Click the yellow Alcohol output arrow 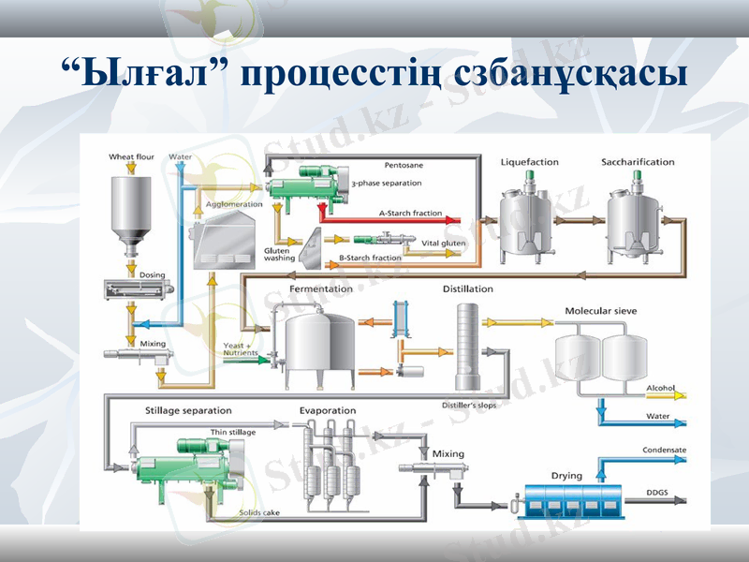tap(679, 395)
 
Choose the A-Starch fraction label tap(410, 214)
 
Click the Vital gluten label tap(443, 243)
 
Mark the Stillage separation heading tap(188, 410)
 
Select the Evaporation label tap(328, 410)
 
